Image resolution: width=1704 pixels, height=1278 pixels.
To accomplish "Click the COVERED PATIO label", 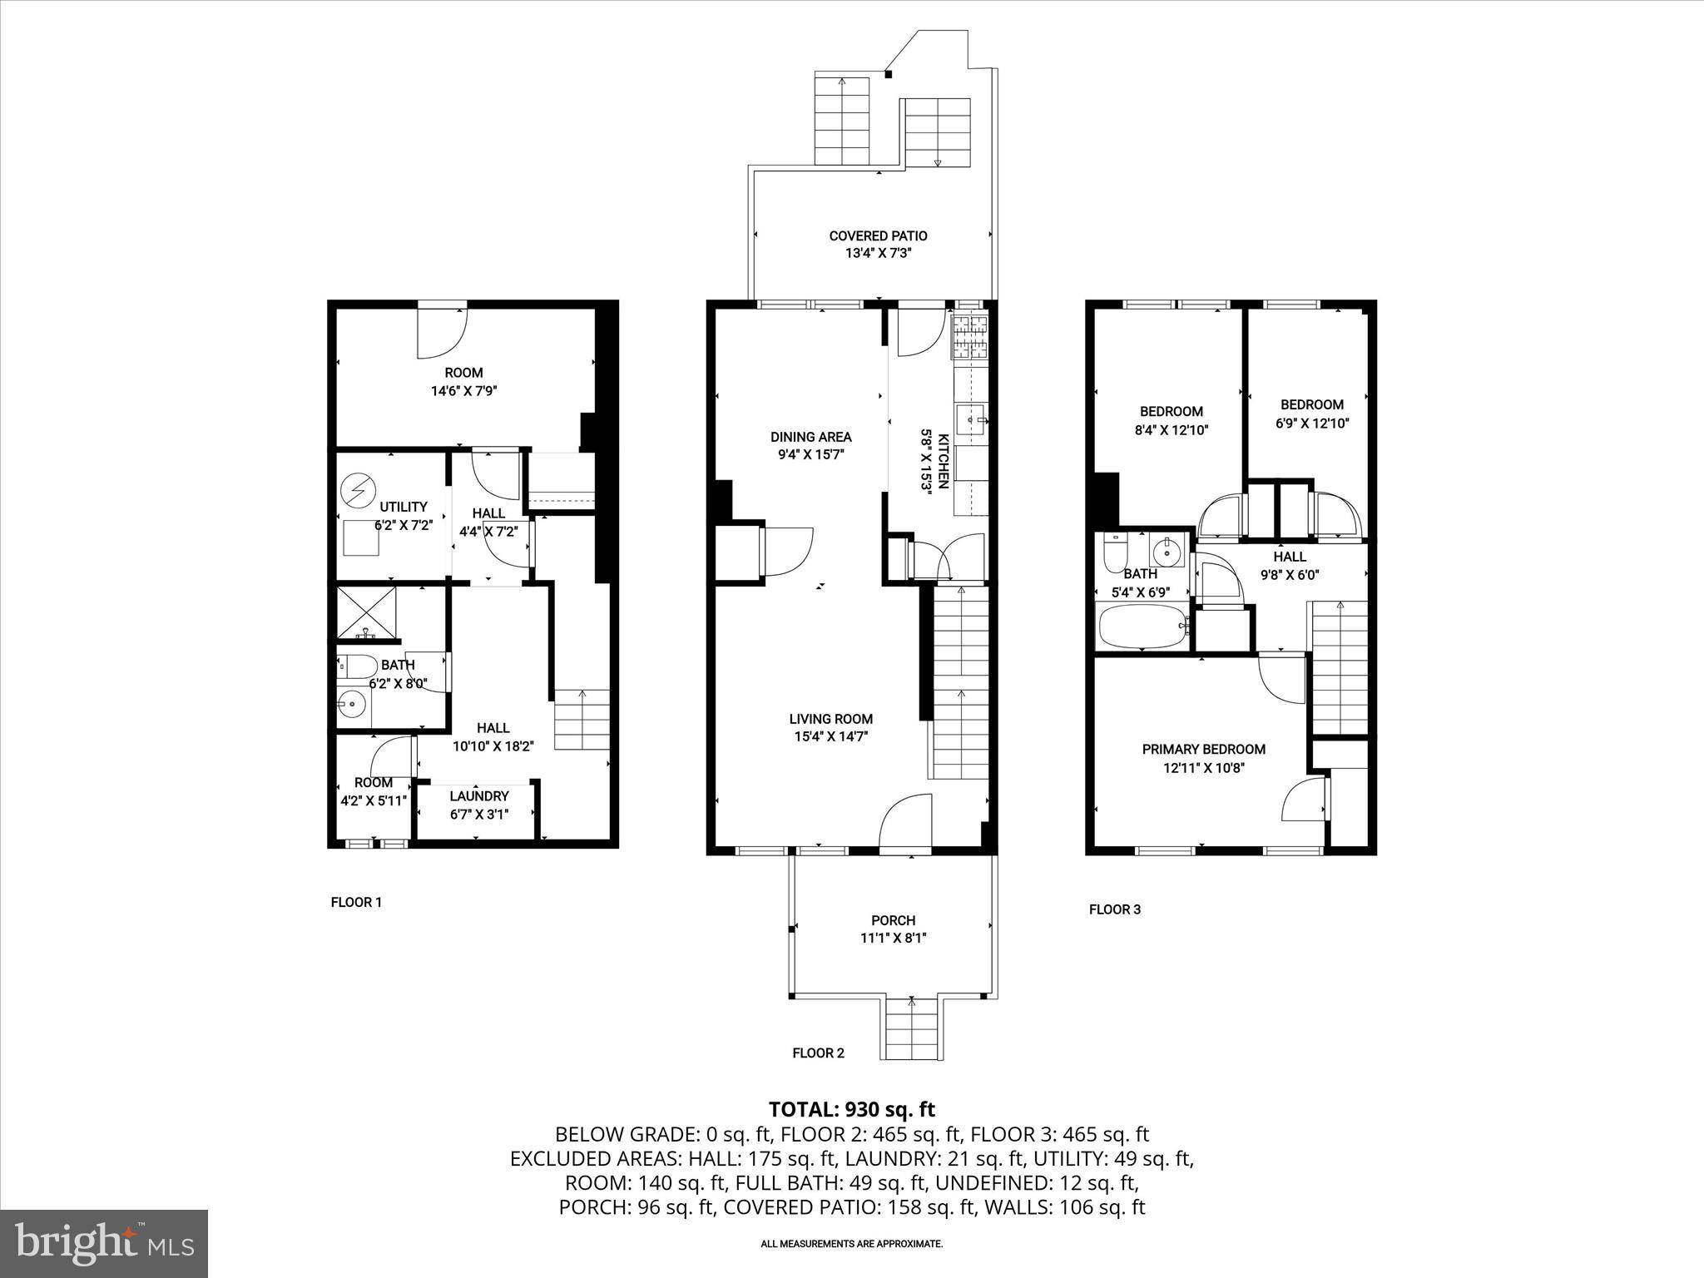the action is (x=878, y=235).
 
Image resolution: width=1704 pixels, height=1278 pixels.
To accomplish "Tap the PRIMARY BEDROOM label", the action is (x=1203, y=750).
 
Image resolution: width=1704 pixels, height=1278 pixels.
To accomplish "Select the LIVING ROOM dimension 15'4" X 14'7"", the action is (x=830, y=736).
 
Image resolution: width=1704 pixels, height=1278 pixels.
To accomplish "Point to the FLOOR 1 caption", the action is (x=356, y=902).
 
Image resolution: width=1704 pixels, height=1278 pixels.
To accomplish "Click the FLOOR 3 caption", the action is (x=1115, y=909).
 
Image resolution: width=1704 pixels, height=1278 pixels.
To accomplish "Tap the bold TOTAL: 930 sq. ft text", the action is (x=852, y=1109).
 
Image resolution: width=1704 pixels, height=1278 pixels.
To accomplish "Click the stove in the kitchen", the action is (x=970, y=339).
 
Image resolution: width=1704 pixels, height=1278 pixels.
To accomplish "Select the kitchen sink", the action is (x=972, y=420).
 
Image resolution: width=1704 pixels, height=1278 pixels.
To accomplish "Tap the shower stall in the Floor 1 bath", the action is (x=367, y=613).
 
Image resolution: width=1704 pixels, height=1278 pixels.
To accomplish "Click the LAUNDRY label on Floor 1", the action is (x=479, y=796).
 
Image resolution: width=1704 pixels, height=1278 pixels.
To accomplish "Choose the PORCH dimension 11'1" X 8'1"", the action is (x=894, y=938).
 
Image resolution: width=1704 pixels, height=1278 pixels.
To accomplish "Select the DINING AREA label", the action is (x=811, y=437).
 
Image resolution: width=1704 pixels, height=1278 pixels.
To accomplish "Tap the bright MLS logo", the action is (x=104, y=1241).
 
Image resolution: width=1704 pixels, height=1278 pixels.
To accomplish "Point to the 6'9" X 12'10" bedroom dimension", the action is (x=1312, y=423).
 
